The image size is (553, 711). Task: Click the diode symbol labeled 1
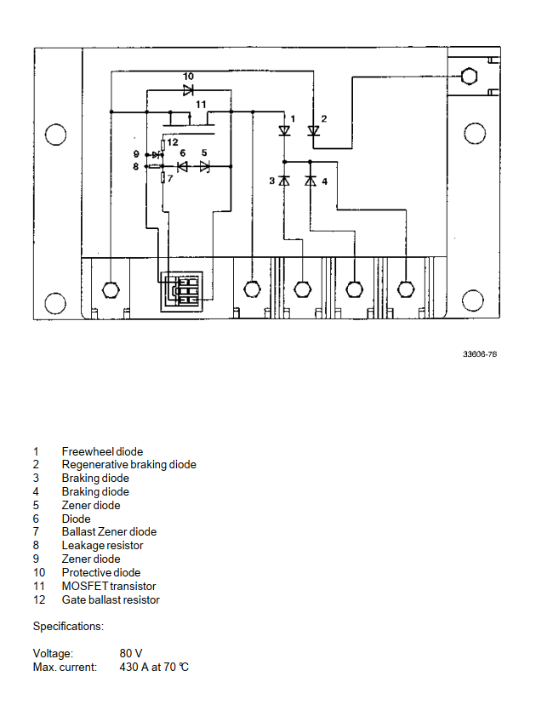284,131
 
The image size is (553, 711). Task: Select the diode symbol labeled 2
313,131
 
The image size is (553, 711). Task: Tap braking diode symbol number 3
285,181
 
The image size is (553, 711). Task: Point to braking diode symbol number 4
311,181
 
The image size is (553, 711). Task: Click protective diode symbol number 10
188,89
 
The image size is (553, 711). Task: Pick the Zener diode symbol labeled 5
204,166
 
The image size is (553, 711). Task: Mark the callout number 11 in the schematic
201,104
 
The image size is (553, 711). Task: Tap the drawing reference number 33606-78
480,353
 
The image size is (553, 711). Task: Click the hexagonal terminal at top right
467,77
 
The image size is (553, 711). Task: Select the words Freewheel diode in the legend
102,451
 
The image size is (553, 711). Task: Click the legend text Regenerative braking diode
128,465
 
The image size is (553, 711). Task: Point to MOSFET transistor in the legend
109,586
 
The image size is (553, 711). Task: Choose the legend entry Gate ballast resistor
111,599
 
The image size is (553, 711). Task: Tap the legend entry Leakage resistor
102,545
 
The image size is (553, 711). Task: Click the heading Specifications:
68,627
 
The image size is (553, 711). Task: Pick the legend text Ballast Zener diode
109,532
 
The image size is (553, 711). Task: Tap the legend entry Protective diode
101,572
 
